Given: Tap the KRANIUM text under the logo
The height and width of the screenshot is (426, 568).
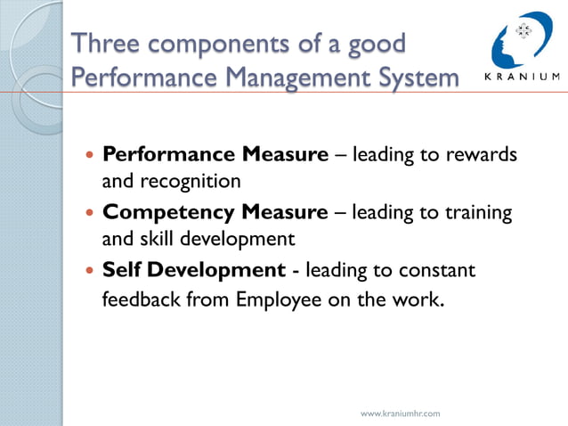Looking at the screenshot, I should [x=522, y=76].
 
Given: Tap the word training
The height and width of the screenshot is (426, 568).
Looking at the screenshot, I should [x=477, y=212].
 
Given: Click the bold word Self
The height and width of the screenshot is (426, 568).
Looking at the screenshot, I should [x=122, y=269].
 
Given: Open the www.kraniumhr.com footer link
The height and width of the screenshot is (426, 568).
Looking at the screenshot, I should [x=400, y=414].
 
